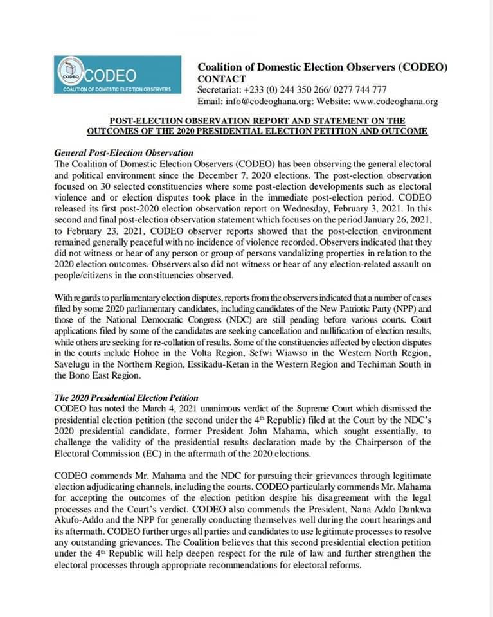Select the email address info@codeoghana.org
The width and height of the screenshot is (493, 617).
point(271,102)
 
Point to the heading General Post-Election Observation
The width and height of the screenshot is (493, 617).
point(124,153)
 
